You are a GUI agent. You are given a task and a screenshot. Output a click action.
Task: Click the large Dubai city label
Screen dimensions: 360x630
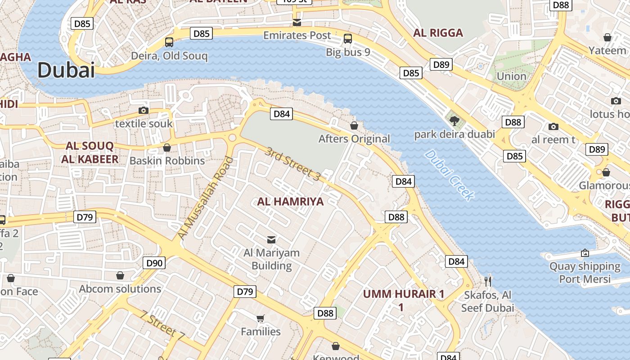pos(66,70)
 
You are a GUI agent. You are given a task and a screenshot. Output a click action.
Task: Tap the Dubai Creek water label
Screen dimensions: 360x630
pos(449,175)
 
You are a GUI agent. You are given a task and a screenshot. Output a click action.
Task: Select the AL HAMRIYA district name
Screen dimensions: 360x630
pos(290,202)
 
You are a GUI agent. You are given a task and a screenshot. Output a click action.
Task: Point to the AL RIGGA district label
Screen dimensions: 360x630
pos(438,33)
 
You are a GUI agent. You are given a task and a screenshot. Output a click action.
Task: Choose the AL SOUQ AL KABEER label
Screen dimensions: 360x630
pos(90,153)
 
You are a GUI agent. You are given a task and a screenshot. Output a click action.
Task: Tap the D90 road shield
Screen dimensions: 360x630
pos(154,263)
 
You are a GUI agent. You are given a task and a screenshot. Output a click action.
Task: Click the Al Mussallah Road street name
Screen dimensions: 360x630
pos(206,198)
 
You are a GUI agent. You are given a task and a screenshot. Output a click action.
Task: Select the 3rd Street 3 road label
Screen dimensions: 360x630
pos(292,164)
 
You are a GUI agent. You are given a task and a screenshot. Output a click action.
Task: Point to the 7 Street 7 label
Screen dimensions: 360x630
pos(162,325)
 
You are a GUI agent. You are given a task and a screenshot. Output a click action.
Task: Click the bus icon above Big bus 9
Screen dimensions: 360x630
pos(347,39)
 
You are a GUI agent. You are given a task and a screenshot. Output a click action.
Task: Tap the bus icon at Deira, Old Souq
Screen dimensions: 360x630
pos(169,42)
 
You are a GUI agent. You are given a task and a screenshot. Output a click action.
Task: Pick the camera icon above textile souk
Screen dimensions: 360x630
pos(144,110)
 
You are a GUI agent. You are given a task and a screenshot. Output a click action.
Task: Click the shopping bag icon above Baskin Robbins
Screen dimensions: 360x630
pos(167,148)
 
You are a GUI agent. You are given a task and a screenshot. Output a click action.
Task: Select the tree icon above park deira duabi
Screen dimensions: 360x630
pos(454,121)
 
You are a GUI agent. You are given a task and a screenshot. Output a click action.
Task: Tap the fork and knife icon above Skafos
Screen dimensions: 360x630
pos(488,281)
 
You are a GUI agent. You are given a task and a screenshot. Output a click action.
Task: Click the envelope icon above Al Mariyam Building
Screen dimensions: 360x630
pos(271,239)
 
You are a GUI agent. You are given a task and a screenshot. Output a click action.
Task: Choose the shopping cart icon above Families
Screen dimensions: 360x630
pos(260,319)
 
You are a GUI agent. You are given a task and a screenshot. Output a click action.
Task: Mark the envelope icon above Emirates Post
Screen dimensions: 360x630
pos(297,22)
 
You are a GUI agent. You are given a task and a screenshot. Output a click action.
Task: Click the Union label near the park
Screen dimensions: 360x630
pos(511,76)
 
